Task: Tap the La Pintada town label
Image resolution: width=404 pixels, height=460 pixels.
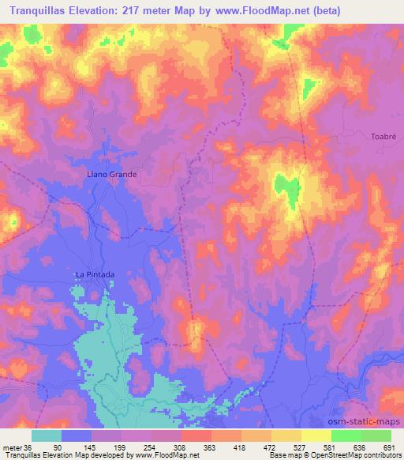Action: tap(95, 274)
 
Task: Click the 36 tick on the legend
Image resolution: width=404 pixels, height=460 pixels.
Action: tap(29, 447)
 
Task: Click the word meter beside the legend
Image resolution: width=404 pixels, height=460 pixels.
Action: tap(13, 447)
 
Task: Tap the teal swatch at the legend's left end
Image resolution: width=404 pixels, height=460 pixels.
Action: tap(47, 435)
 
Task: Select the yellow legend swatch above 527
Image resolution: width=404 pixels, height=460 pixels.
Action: tap(286, 435)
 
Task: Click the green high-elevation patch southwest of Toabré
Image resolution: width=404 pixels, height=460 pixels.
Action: tap(287, 188)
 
